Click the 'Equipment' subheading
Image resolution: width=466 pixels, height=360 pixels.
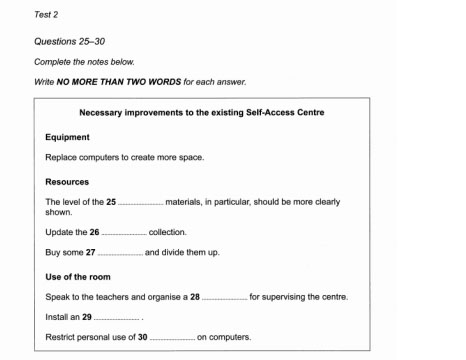pos(68,136)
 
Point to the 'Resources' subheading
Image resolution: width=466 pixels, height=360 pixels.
pos(67,182)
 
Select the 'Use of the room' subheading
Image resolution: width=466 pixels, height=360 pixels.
pos(78,276)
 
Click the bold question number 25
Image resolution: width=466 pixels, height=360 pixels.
pos(111,202)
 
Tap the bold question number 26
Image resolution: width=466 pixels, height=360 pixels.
pos(94,231)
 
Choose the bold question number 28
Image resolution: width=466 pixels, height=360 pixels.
pos(195,296)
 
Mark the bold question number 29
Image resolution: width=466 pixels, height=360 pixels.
pos(87,316)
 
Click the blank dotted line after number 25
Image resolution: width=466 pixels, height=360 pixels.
pos(140,203)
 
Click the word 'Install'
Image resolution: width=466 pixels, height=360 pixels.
pos(58,316)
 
